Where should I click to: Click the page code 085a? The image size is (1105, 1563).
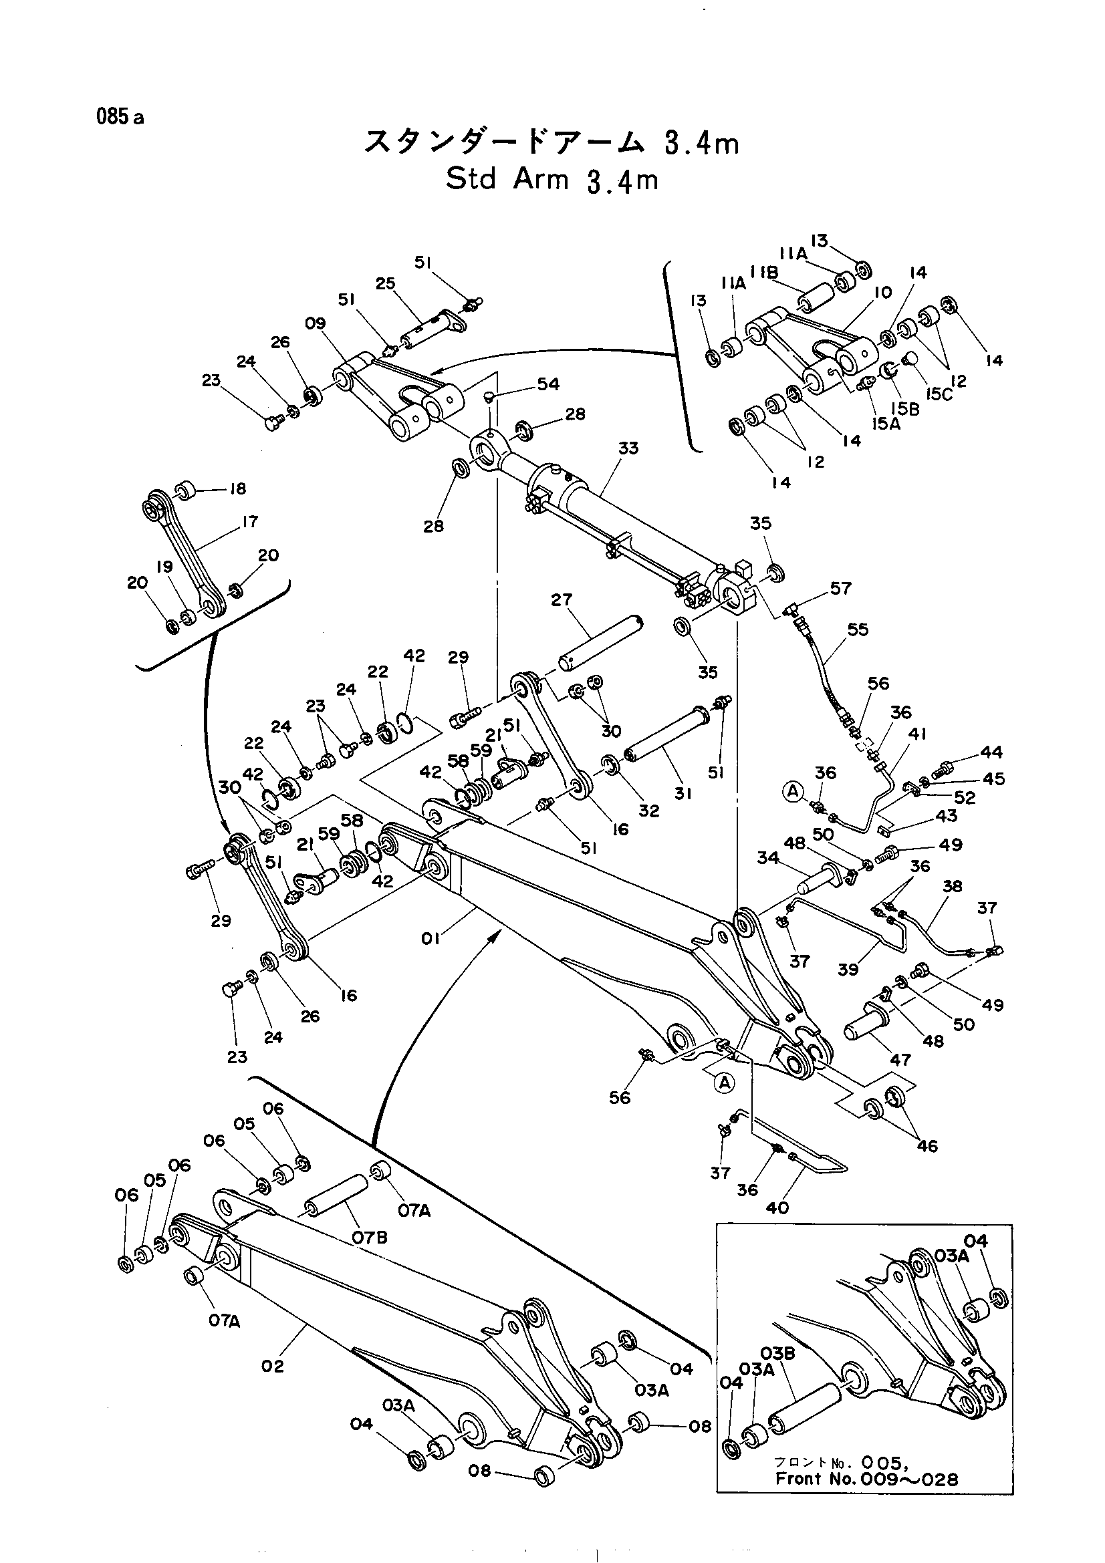[120, 117]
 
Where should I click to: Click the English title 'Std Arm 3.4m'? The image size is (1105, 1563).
[552, 180]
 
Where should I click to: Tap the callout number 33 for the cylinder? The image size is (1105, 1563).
[628, 448]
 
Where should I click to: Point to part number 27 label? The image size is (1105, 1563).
[562, 599]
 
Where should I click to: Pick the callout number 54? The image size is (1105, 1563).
[548, 384]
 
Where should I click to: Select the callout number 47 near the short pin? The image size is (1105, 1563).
[900, 1059]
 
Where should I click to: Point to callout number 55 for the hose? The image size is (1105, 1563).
[858, 629]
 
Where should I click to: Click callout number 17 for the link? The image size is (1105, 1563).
[250, 521]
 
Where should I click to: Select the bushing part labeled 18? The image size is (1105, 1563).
[186, 490]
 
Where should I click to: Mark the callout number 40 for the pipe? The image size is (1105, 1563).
[777, 1207]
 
